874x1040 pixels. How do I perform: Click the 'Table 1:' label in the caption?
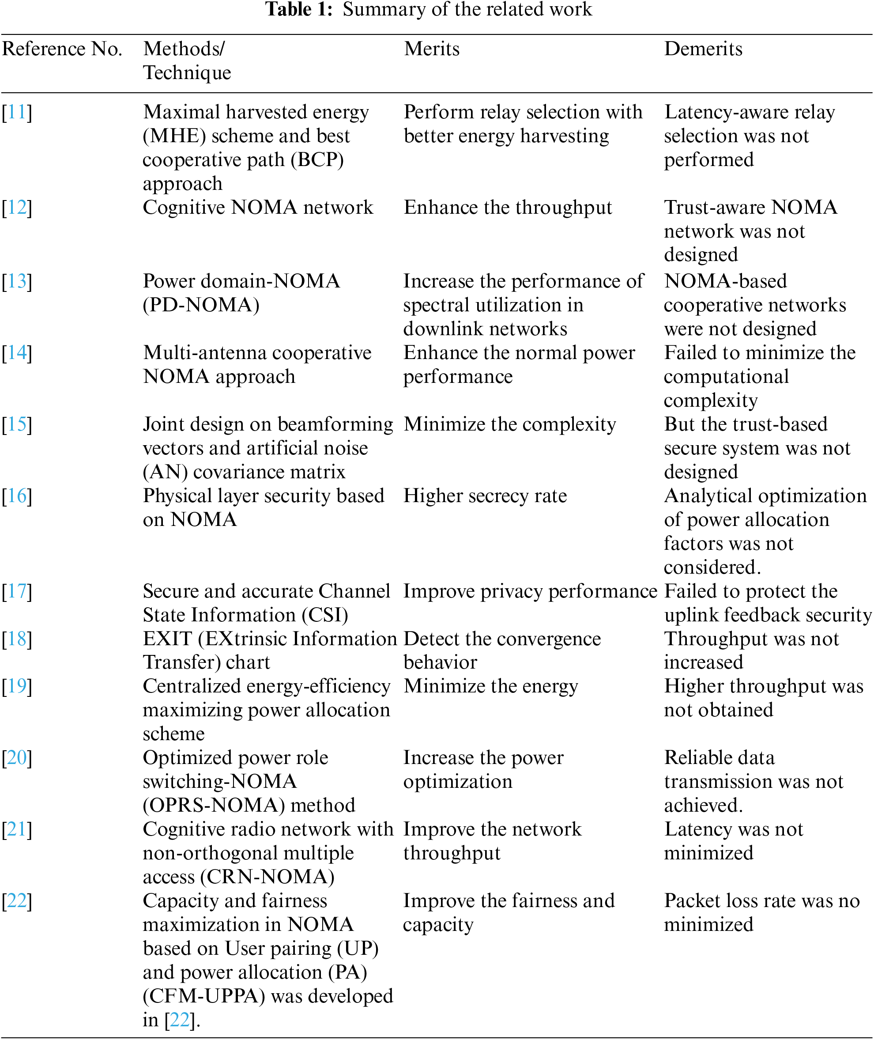299,9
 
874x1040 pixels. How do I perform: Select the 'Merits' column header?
432,49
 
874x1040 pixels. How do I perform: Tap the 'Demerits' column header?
703,49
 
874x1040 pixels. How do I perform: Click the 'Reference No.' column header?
62,49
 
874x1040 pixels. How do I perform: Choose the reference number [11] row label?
17,113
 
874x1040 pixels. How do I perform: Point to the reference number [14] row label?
17,353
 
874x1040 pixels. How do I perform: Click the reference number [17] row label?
17,591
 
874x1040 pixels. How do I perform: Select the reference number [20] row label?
17,758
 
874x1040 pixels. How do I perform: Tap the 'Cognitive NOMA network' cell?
258,208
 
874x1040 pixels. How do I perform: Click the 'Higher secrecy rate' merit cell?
485,496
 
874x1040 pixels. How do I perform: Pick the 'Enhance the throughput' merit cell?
508,208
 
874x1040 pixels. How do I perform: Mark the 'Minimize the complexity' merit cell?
510,424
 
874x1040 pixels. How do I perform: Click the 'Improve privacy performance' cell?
530,591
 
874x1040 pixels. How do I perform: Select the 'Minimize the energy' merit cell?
491,687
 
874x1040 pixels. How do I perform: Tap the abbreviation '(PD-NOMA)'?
201,305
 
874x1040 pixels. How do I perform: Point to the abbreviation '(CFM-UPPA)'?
203,996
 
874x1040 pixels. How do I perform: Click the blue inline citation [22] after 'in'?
180,1020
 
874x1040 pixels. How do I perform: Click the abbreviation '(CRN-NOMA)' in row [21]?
267,877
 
